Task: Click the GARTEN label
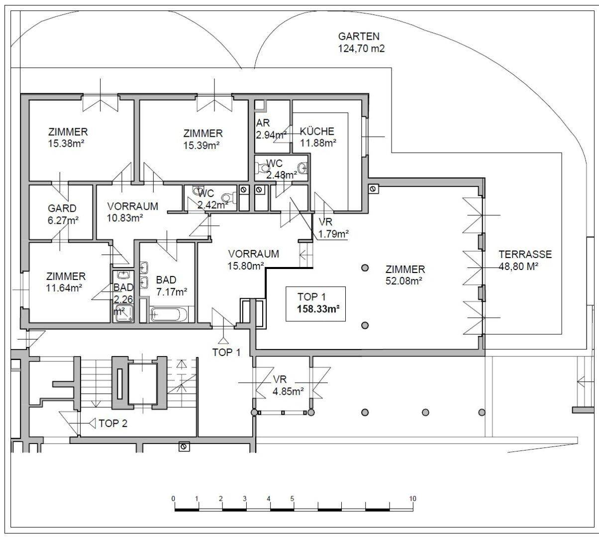(x=359, y=36)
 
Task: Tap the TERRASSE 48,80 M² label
(x=525, y=261)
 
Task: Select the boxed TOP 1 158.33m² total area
(x=315, y=303)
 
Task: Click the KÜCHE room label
(x=317, y=131)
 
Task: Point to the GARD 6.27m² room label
(x=63, y=214)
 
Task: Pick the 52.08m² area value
(x=403, y=281)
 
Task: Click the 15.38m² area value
(x=66, y=144)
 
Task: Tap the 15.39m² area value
(x=201, y=145)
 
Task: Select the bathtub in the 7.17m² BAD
(x=169, y=314)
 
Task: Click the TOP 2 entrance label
(x=112, y=423)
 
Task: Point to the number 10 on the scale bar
(x=413, y=499)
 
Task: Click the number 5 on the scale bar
(x=292, y=499)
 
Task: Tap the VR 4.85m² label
(x=288, y=385)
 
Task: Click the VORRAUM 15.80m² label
(x=253, y=260)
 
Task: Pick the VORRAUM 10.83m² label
(x=132, y=212)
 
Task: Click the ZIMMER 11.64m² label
(x=66, y=282)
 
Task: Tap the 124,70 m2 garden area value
(x=361, y=48)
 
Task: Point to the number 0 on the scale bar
(x=173, y=499)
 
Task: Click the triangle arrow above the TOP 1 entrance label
(x=223, y=341)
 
